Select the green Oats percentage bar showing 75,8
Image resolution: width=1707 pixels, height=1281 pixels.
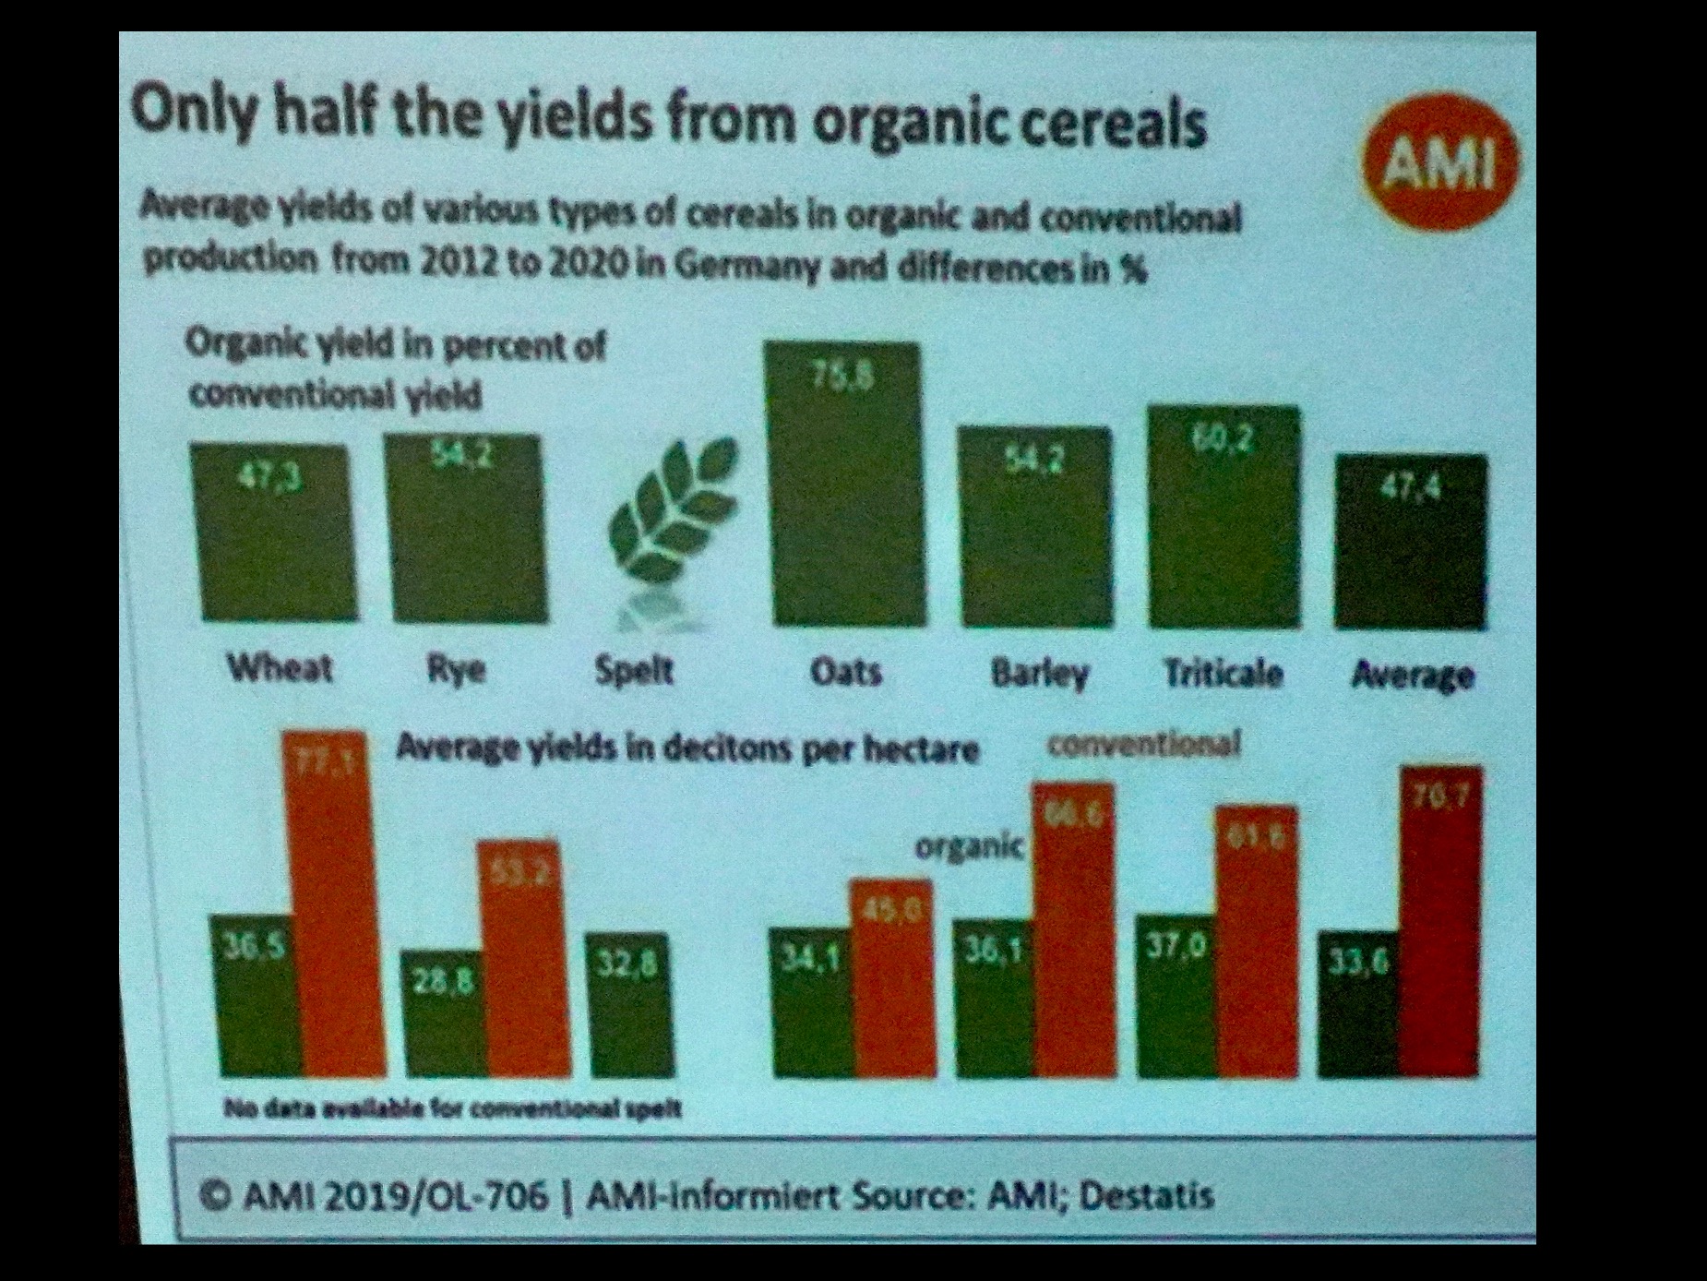(845, 484)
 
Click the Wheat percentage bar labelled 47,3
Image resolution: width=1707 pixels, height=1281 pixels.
(274, 532)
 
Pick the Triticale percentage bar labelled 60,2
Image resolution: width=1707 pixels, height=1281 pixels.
(1224, 516)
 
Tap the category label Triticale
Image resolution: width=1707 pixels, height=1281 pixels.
(1224, 673)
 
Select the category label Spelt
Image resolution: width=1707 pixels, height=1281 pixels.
(634, 670)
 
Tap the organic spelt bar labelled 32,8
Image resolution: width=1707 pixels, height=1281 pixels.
(631, 1005)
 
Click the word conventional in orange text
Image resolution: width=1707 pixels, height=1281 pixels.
(1144, 744)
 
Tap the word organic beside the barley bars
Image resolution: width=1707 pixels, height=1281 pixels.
(969, 844)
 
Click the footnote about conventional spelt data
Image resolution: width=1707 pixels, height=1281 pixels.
(453, 1107)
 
